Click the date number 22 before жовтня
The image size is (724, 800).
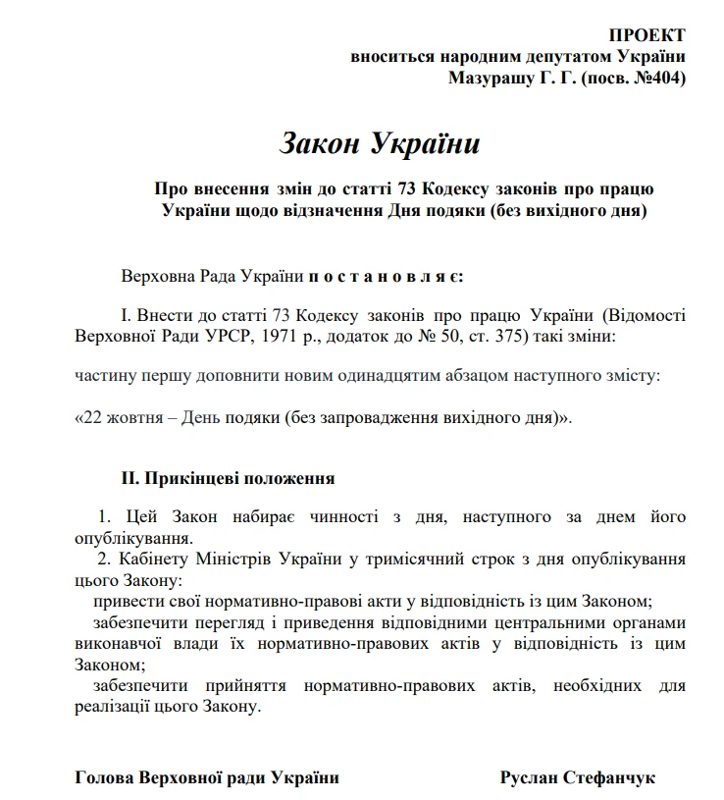tap(91, 417)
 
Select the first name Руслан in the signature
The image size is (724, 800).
tap(528, 777)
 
